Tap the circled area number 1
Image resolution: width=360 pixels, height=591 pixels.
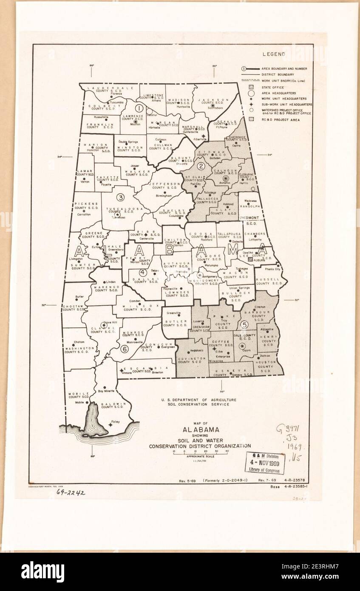(139, 108)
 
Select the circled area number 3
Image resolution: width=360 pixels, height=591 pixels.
(121, 197)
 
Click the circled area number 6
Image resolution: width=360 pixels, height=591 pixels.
(125, 349)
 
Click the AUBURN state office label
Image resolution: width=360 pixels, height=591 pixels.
(261, 259)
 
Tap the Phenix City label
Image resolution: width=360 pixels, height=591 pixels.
(272, 269)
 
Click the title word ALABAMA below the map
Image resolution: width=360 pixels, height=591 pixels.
(201, 429)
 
